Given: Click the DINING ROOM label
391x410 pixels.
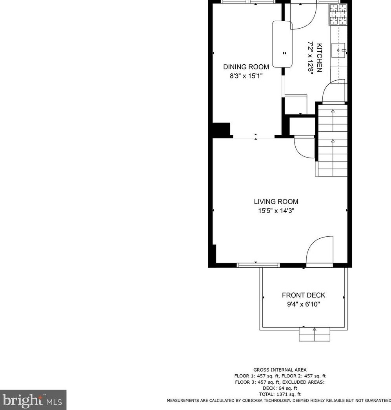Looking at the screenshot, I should click(246, 67).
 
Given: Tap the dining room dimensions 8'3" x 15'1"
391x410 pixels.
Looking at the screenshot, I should click(246, 76).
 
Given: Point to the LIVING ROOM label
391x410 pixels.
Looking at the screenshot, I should click(276, 202).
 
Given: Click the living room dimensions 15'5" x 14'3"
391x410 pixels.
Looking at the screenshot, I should click(276, 211).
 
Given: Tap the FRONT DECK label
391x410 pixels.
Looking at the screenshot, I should click(303, 295).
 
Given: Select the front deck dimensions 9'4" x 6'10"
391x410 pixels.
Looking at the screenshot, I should click(303, 304).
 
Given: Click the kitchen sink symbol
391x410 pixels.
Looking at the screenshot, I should click(339, 51).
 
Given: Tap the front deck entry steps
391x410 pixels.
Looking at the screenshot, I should click(315, 334).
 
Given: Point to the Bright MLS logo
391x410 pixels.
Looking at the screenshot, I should click(33, 400).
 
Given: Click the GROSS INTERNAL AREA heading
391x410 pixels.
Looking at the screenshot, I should click(280, 370).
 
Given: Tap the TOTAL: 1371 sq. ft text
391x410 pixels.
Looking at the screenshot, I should click(280, 394).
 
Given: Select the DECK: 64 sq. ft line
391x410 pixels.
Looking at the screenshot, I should click(280, 388).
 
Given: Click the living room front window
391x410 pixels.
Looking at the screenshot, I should click(258, 265).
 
